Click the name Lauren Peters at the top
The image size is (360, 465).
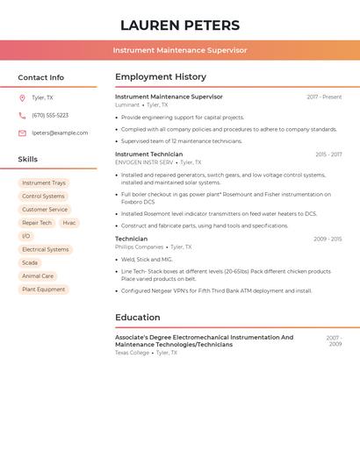pos(180,25)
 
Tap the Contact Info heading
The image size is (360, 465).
pos(41,77)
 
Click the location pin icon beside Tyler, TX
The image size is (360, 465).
pos(22,97)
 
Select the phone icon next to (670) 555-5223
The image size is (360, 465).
pos(22,115)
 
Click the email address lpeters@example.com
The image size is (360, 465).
pos(60,132)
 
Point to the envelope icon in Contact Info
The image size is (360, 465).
pos(22,132)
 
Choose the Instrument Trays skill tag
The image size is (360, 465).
pos(44,182)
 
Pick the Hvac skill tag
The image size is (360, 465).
pos(69,223)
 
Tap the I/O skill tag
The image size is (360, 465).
pos(26,236)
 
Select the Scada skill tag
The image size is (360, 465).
pos(30,262)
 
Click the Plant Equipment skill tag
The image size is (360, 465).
pos(44,289)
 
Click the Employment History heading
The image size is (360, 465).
pos(161,76)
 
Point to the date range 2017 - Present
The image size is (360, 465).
pos(324,97)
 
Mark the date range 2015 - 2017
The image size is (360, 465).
pos(328,154)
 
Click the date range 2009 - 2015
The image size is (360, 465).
pos(328,239)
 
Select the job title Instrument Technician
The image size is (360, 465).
pos(149,154)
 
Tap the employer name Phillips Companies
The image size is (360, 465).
pos(139,247)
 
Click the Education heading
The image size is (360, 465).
pos(138,318)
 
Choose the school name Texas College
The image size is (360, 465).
pos(133,353)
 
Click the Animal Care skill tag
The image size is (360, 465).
pos(38,275)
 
